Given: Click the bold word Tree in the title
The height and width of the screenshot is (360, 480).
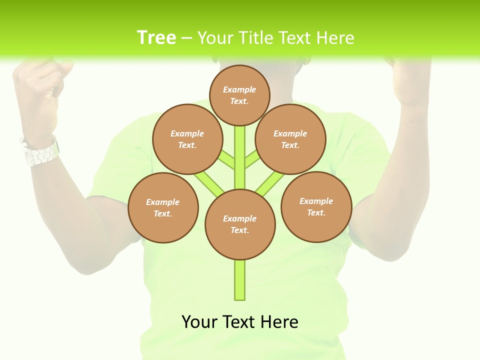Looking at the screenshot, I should [x=156, y=37].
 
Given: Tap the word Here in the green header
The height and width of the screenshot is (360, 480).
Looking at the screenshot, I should [x=335, y=38].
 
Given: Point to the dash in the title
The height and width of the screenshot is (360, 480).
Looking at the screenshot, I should [x=187, y=38].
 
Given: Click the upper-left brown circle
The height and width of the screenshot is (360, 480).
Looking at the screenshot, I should [x=187, y=139].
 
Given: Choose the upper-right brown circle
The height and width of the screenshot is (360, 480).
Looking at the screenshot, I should [x=290, y=139].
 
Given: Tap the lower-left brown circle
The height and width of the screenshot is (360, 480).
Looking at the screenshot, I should [x=163, y=207].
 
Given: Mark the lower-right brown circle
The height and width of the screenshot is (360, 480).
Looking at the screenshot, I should [x=316, y=206].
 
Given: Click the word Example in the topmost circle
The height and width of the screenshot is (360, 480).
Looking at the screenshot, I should [x=239, y=89].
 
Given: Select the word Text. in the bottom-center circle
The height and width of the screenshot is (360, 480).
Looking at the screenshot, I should [x=239, y=230].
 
